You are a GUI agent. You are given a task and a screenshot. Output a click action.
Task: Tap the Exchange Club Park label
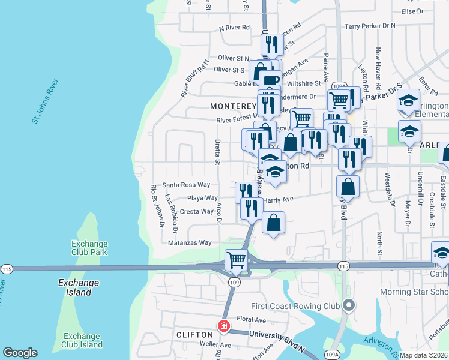point(89,248)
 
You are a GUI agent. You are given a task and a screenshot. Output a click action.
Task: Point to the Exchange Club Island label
point(83,340)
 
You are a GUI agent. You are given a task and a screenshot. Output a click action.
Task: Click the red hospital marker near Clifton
point(224,326)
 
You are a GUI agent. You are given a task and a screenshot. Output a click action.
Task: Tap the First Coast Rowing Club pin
point(349,306)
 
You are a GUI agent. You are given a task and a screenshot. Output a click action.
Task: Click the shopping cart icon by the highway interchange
point(237,261)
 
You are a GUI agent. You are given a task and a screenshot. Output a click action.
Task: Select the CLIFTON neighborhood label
point(194,334)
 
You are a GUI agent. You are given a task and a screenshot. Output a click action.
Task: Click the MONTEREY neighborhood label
point(234,106)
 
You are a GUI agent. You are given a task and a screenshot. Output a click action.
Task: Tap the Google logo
point(20,353)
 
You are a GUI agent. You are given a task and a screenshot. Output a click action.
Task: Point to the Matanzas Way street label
point(189,243)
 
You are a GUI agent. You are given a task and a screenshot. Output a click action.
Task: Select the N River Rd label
point(234,28)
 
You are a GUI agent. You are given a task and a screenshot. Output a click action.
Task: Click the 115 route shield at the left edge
point(7,268)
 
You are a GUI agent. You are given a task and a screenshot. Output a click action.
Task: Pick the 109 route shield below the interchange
point(234,282)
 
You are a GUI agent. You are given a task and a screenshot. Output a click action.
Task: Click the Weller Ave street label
point(215,345)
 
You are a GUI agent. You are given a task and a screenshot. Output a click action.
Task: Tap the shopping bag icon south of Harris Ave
point(273,223)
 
